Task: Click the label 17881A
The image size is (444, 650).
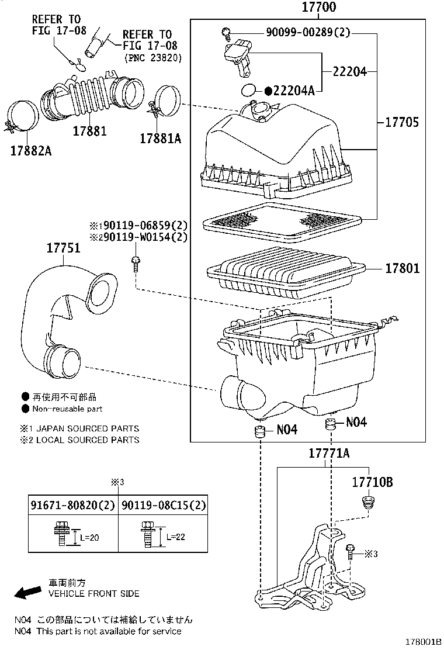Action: [160, 139]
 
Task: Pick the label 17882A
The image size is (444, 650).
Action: [30, 150]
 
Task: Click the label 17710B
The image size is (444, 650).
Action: [372, 482]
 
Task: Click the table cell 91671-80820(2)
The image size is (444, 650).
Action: [73, 504]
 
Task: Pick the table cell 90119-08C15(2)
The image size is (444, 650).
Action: [164, 504]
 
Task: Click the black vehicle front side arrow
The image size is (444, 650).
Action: [26, 593]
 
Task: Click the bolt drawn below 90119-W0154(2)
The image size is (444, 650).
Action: [136, 264]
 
